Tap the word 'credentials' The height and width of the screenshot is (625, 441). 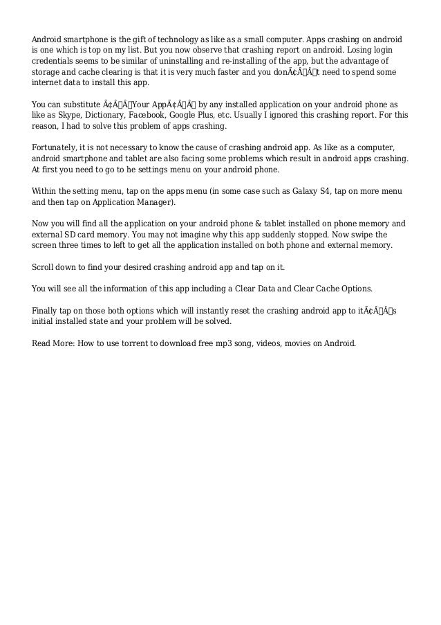(55, 61)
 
